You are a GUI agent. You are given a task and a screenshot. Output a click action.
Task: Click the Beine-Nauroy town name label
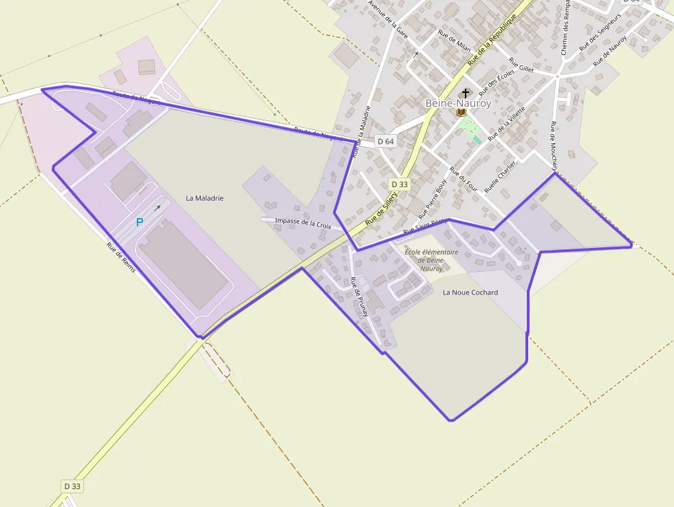(x=458, y=103)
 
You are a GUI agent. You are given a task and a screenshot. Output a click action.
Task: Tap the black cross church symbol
(x=466, y=92)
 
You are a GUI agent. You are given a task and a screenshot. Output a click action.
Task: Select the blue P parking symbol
(x=140, y=222)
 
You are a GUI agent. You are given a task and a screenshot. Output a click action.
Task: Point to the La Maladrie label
(x=205, y=198)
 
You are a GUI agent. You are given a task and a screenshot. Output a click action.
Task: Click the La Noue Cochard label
(x=470, y=292)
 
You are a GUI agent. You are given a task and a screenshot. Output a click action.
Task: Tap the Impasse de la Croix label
(x=303, y=223)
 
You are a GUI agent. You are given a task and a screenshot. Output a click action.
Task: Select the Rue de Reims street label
(x=120, y=255)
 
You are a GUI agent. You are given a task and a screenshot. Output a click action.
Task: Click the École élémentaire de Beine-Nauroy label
(x=431, y=260)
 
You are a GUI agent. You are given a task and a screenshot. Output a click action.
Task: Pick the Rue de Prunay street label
(x=359, y=296)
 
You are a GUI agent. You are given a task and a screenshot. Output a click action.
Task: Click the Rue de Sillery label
(x=382, y=208)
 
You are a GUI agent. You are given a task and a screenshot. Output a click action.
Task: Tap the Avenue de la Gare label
(x=389, y=19)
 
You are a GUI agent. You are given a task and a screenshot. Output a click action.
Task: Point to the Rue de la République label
(x=492, y=40)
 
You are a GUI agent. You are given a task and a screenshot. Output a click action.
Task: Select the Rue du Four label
(x=464, y=180)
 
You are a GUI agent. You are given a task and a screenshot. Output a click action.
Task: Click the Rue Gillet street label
(x=522, y=65)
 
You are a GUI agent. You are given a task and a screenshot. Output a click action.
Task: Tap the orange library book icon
(x=461, y=112)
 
